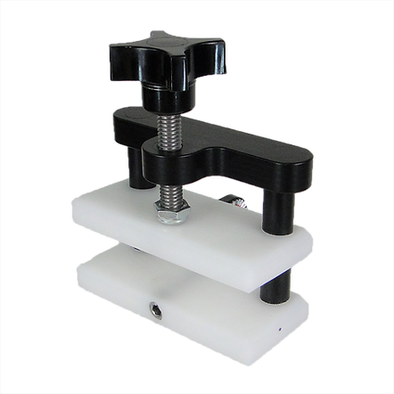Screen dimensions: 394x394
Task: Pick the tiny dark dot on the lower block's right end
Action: [278, 331]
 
